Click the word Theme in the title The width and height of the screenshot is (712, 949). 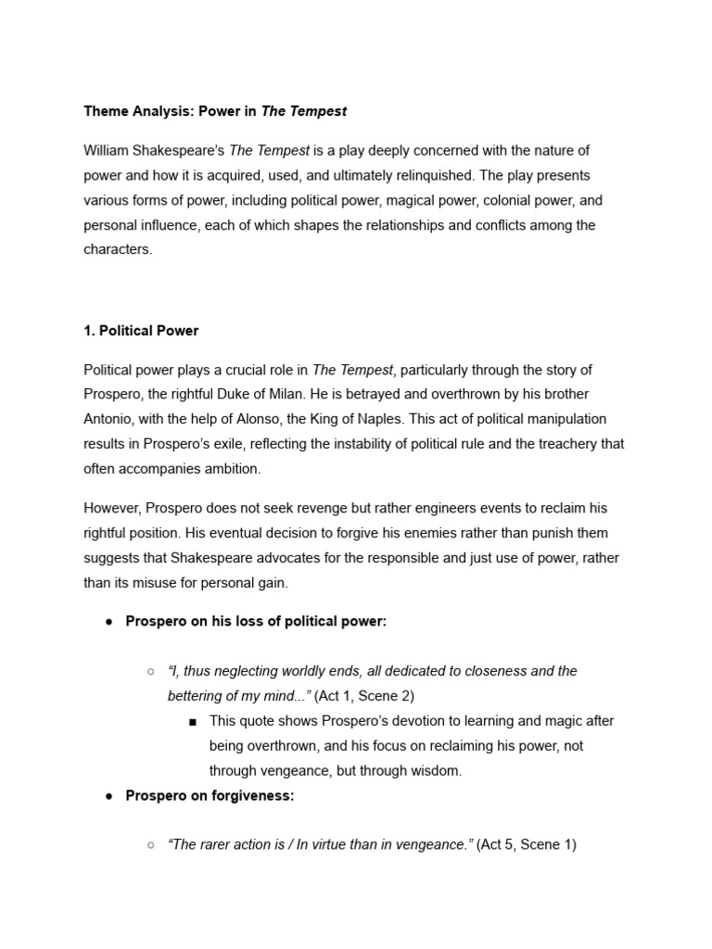[x=106, y=111]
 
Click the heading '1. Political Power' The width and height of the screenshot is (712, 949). [x=141, y=330]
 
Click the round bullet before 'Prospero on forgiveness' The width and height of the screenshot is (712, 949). [x=108, y=796]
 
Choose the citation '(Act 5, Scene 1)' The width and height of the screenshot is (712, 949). [x=527, y=845]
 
